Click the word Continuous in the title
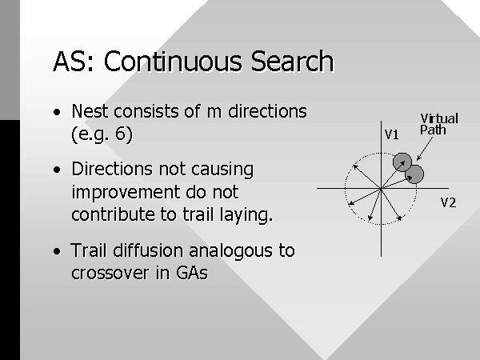pos(173,62)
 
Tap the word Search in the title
pos(292,62)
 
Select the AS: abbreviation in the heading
pos(73,62)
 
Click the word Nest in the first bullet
pos(90,111)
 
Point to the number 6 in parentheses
pos(120,134)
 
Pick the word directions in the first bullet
pos(267,111)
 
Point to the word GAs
pos(192,273)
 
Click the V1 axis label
pos(391,134)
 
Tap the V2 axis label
pos(448,202)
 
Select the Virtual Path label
pos(439,124)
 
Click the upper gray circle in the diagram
pos(402,162)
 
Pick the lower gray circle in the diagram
pos(414,174)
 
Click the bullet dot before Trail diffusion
pos(57,251)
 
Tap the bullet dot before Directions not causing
pos(57,170)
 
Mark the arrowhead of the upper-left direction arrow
pos(354,166)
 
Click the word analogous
pos(231,250)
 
